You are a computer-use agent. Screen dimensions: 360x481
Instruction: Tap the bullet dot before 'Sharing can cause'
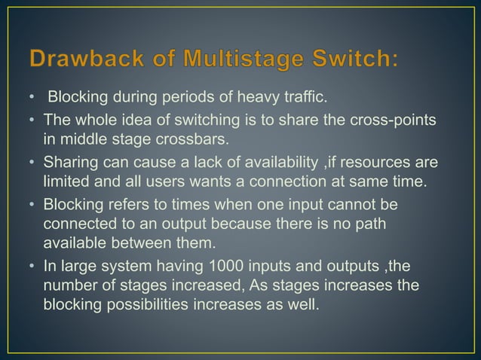pyautogui.click(x=32, y=162)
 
